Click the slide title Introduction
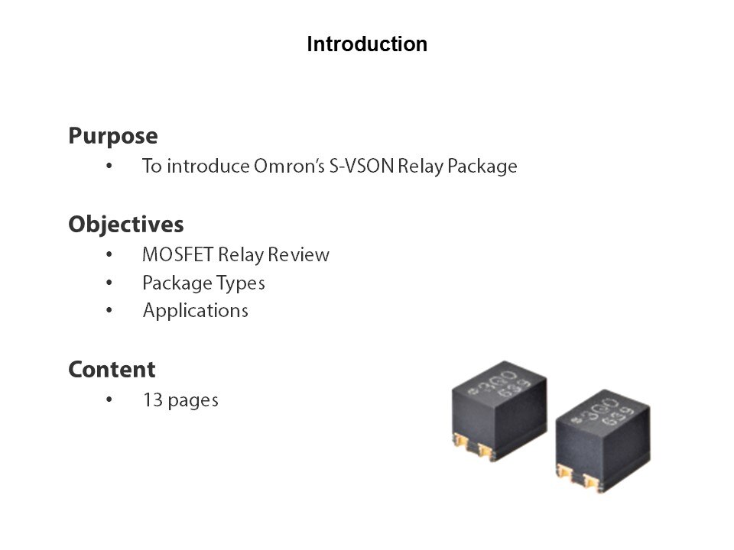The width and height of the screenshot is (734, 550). coord(367,44)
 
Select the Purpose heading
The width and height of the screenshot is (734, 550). coord(113,136)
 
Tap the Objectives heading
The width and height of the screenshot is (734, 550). coord(126,225)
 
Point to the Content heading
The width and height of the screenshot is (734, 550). coord(112,370)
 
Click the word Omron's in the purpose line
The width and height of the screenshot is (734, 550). coord(289,166)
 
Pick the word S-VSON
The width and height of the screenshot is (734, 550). coord(362,166)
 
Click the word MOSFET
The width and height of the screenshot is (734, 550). coord(178,255)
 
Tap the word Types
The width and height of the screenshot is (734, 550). coord(241,283)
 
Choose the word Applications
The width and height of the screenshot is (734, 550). coord(196,311)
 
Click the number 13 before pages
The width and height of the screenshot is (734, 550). coord(153,400)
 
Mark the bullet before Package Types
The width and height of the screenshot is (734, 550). coord(109,283)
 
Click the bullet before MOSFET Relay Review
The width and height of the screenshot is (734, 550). coord(109,254)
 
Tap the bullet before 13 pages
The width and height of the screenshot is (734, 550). coord(109,400)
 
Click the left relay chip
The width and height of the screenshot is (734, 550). coord(499,411)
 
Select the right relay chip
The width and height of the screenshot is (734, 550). coord(603,441)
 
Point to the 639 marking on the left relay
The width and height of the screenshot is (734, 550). coord(514,389)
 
